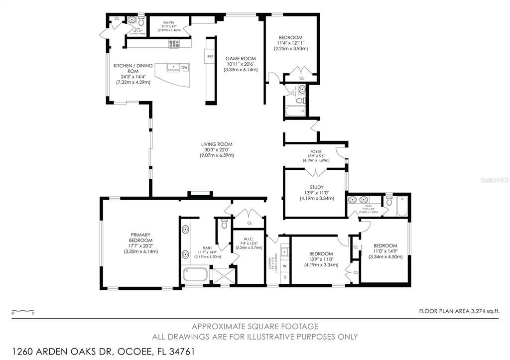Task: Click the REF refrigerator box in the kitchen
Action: pyautogui.click(x=210, y=57)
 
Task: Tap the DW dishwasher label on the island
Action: pyautogui.click(x=184, y=67)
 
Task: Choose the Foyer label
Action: pyautogui.click(x=316, y=152)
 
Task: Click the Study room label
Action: pyautogui.click(x=316, y=187)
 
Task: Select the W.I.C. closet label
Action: pyautogui.click(x=249, y=237)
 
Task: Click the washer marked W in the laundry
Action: pyautogui.click(x=285, y=266)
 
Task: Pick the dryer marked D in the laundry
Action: pyautogui.click(x=285, y=276)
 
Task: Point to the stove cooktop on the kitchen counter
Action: pyautogui.click(x=173, y=44)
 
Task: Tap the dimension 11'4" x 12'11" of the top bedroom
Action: pyautogui.click(x=292, y=43)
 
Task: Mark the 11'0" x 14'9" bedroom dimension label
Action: pyautogui.click(x=385, y=251)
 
